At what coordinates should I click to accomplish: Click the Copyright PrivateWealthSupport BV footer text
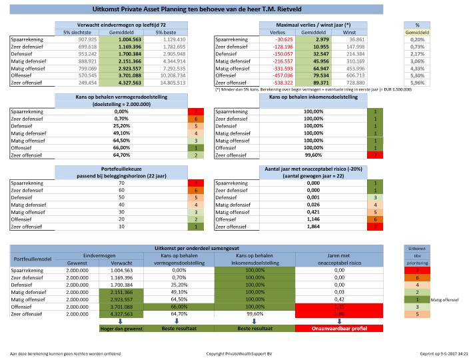click(x=236, y=354)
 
